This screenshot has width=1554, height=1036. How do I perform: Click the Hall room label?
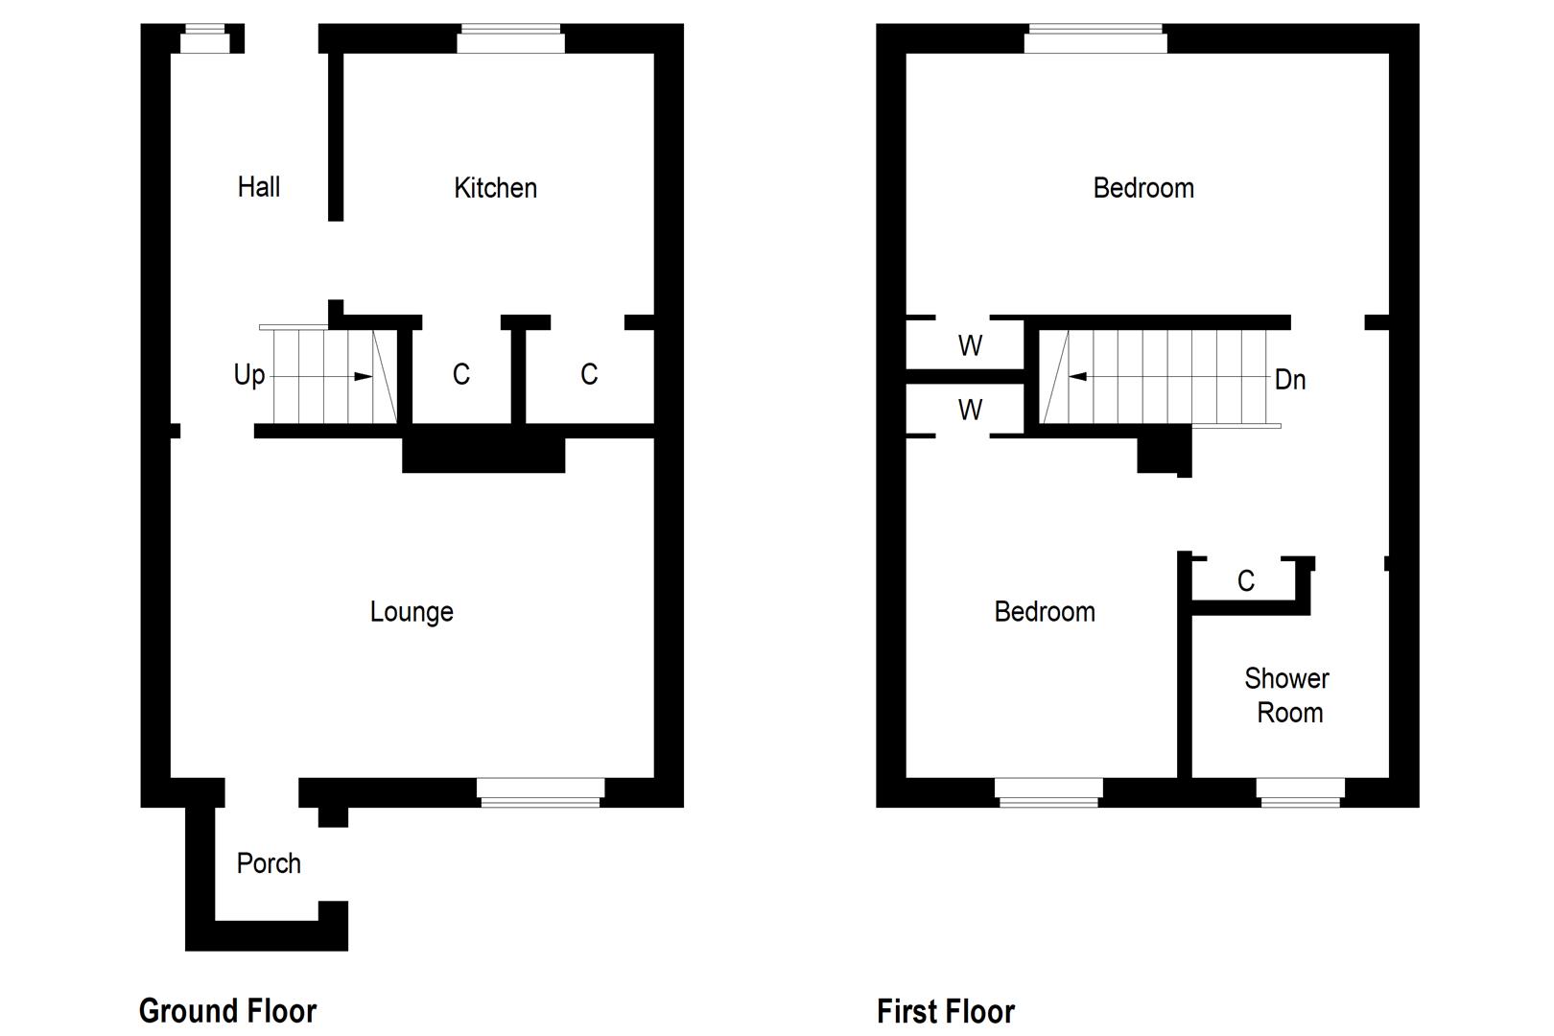[x=259, y=187]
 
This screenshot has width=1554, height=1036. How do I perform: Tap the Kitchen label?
[x=495, y=188]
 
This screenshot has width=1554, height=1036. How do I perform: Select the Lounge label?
[x=412, y=612]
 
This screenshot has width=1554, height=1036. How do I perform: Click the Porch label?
[x=269, y=863]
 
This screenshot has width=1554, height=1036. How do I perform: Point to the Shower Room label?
[x=1287, y=695]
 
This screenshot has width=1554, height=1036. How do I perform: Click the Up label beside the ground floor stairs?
[x=249, y=374]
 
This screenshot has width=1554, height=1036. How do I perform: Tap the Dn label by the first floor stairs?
[x=1290, y=380]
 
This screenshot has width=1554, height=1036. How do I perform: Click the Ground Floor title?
[x=227, y=1011]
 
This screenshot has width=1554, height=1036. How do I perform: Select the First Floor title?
[x=945, y=1011]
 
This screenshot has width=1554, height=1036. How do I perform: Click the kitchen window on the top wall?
[x=510, y=41]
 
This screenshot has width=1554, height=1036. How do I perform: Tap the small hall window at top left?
[x=205, y=39]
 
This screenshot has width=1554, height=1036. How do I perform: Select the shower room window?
[x=1300, y=791]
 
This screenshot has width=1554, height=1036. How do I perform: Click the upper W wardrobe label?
[x=970, y=345]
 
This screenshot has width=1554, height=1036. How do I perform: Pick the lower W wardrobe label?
[x=970, y=411]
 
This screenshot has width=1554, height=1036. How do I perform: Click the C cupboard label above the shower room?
[x=1245, y=581]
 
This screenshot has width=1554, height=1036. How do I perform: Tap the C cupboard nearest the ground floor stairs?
[x=461, y=374]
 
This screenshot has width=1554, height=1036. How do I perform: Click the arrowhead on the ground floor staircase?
[x=363, y=377]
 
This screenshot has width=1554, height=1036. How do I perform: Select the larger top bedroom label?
[x=1143, y=188]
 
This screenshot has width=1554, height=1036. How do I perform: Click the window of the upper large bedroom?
[x=1095, y=40]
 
